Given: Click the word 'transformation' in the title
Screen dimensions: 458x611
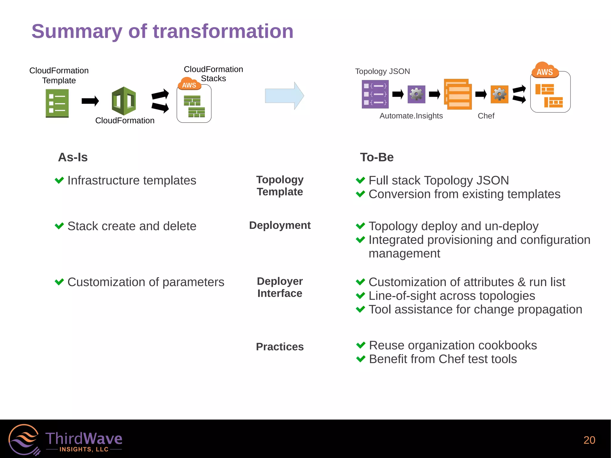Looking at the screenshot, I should click(223, 31).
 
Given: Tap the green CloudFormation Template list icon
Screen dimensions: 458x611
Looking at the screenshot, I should click(57, 103).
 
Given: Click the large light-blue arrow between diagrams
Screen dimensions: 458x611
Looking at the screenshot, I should click(284, 96).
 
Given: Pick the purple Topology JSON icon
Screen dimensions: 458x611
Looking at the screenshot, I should click(375, 94).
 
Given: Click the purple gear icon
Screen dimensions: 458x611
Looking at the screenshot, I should click(416, 94).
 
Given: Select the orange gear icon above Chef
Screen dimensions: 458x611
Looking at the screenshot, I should click(499, 94).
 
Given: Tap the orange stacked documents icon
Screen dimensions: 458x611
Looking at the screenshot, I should click(458, 94).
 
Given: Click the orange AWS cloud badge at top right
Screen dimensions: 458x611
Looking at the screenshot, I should click(545, 70).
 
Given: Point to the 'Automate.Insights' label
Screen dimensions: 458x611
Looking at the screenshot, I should click(411, 116).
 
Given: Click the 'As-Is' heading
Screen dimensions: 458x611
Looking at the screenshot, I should click(73, 157).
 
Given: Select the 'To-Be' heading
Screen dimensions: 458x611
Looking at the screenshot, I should click(377, 157).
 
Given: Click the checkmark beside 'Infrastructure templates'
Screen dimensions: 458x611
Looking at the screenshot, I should click(59, 180).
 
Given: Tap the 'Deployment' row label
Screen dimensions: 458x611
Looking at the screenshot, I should click(280, 225).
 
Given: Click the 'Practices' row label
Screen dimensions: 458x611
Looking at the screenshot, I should click(280, 347).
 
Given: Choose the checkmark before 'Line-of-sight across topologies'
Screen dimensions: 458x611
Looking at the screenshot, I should click(360, 296).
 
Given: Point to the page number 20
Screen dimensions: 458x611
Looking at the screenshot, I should click(589, 440).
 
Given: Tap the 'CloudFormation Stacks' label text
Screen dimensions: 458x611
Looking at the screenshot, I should click(213, 74).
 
